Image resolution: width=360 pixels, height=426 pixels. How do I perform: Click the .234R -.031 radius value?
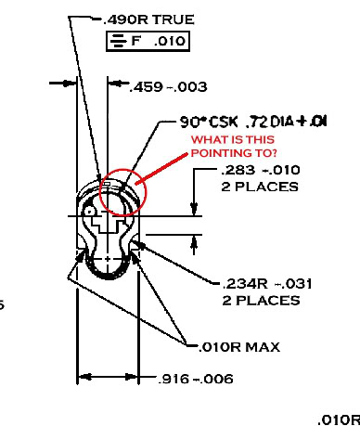click(260, 285)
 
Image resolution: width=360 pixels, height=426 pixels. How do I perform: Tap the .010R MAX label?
click(239, 348)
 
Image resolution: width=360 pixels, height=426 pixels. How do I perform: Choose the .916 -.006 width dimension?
click(195, 379)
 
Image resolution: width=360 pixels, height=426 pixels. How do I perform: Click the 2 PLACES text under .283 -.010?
click(261, 187)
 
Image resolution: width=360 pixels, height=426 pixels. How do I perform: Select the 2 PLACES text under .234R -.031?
click(261, 301)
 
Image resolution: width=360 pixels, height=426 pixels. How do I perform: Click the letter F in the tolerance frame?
click(135, 42)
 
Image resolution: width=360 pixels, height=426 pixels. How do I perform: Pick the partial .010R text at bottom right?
click(338, 419)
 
